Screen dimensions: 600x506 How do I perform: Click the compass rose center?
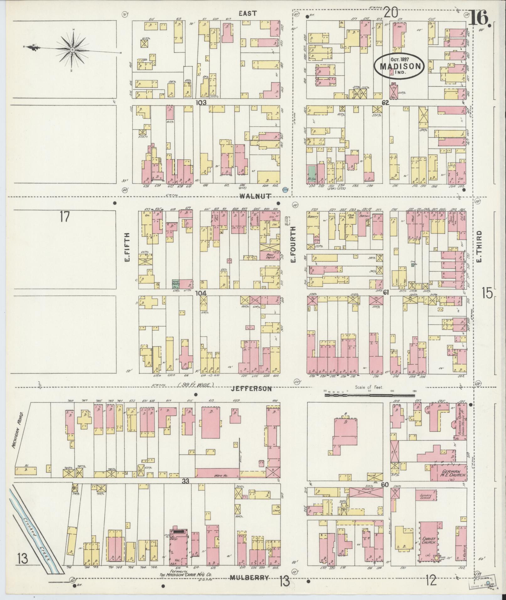(72, 50)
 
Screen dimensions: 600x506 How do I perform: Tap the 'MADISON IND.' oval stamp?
(400, 66)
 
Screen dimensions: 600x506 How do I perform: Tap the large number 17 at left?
(64, 217)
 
